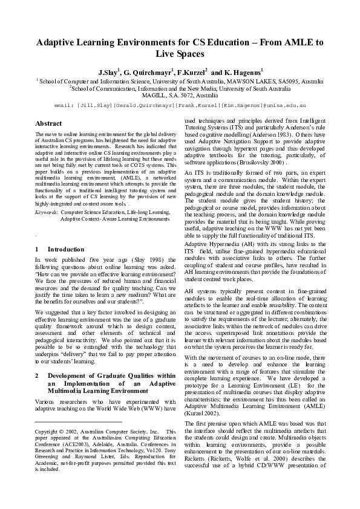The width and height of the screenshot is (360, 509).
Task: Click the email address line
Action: click(180, 105)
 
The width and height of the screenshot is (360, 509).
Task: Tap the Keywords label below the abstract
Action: click(46, 213)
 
